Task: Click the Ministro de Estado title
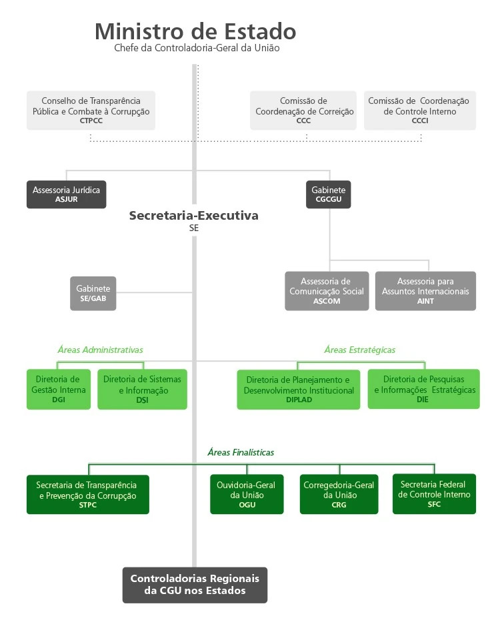click(x=195, y=32)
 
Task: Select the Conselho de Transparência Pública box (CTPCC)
click(x=91, y=111)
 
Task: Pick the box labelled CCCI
click(x=420, y=111)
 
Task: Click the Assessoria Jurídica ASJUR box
click(x=66, y=194)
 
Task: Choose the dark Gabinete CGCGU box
click(x=329, y=194)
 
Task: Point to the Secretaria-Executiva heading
click(x=193, y=216)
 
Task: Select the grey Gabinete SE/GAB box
click(x=93, y=294)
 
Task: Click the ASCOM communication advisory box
click(x=327, y=291)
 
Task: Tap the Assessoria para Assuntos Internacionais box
click(x=425, y=291)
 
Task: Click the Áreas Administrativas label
click(x=100, y=350)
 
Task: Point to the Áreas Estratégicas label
click(x=359, y=350)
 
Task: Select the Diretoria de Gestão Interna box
click(x=59, y=390)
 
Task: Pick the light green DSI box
click(x=142, y=390)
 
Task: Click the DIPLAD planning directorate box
click(x=299, y=390)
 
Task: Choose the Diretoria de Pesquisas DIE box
click(x=423, y=390)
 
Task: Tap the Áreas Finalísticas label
click(x=240, y=452)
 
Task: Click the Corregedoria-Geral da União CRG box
click(x=339, y=495)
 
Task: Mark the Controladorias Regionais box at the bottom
click(x=195, y=585)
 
